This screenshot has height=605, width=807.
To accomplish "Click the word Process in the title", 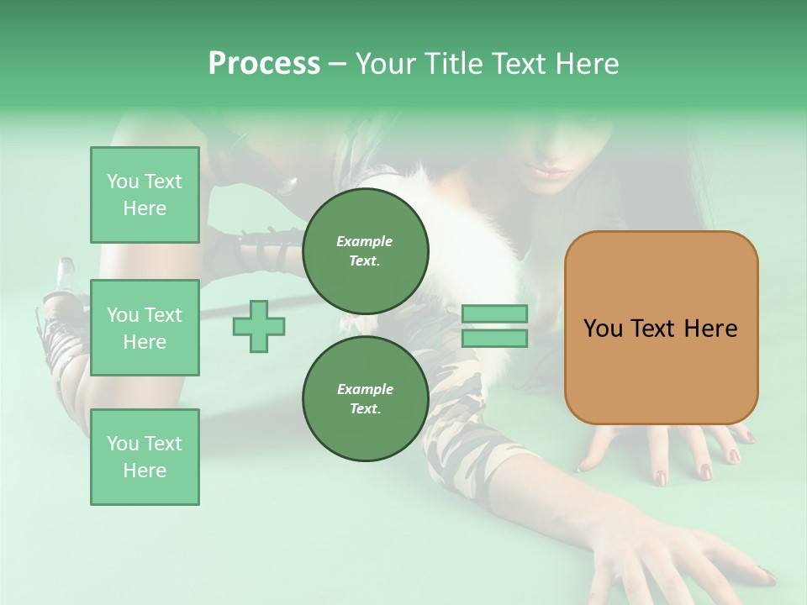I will pos(264,64).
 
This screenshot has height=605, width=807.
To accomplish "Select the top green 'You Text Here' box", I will pos(145,195).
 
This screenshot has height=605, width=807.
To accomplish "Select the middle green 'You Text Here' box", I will pos(145,328).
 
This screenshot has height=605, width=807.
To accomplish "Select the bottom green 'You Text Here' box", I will pos(145,457).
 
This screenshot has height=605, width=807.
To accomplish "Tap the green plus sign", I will pos(259,326).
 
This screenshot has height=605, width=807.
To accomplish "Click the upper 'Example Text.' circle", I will pos(365,250).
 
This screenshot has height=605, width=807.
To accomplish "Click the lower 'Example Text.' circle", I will pos(365,398).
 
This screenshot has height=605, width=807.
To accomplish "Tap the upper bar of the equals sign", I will pos(495,313).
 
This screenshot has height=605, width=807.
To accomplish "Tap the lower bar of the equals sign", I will pos(495,339).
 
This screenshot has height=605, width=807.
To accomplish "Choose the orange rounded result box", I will pos(661,328).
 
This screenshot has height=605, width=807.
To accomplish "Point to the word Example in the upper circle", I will pos(365,241).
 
